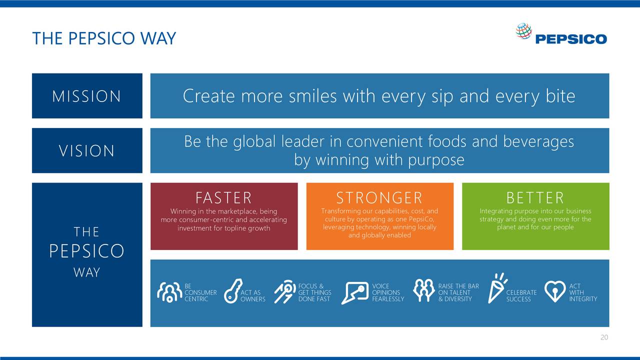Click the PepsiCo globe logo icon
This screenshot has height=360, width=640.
pos(523,31)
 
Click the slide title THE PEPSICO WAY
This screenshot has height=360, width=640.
pos(104,38)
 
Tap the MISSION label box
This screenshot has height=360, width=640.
pos(87,96)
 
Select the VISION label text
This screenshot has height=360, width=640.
pos(87,150)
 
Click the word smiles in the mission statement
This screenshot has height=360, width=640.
pos(312,96)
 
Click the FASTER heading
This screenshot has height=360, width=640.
pos(223,198)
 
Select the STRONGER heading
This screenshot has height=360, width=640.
pos(379,198)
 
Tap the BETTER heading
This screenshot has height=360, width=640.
pos(535,198)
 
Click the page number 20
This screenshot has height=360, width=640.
pos(604,337)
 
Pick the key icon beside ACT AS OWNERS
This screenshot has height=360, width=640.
pos(232,291)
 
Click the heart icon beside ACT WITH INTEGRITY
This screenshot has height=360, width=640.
pos(554,291)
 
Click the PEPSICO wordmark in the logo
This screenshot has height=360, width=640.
pos(570,39)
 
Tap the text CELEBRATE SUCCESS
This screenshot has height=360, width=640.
pos(521,296)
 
